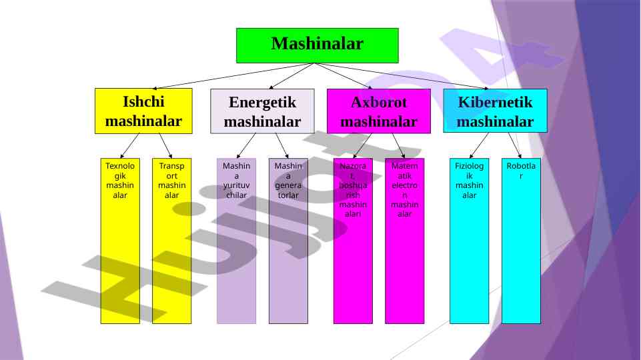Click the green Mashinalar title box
pos(317,45)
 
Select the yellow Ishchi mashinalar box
pos(143,111)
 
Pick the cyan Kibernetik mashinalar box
pos(495,111)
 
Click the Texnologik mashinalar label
pos(120,180)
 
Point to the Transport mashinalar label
pos(171,180)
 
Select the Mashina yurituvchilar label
pos(236,180)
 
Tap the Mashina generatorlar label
pos(288,180)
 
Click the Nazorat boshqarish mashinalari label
pos(353,189)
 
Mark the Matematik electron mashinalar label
pos(404,189)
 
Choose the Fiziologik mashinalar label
pos(469,180)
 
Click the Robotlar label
pos(521,170)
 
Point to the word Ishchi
pos(143,102)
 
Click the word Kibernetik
pos(495,103)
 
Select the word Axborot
pos(378,103)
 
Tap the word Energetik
pos(262,103)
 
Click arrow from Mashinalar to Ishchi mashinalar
pos(233,76)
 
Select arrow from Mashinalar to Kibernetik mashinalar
pos(400,76)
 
